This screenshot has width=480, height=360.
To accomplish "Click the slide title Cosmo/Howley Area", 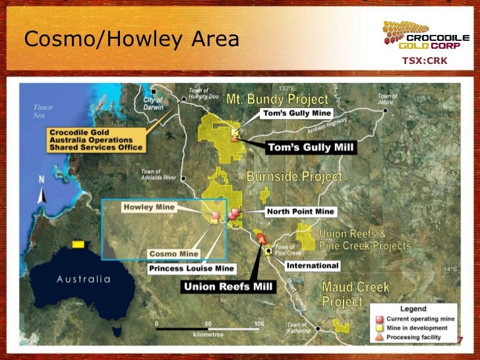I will [131, 40].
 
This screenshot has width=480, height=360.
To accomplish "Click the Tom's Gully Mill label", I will [311, 147].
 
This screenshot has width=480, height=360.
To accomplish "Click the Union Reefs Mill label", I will [227, 287].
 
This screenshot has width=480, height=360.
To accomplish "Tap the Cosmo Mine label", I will [174, 253].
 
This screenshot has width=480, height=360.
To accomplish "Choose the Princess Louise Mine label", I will [192, 268].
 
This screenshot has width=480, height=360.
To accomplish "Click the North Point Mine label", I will [301, 212].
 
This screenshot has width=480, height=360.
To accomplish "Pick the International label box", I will [313, 266].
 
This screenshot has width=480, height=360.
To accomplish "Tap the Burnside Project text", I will [294, 177].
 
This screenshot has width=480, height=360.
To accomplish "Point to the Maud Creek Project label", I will [355, 295].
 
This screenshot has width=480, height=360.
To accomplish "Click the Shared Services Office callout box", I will [96, 140].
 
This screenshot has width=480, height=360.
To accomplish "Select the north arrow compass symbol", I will [41, 191].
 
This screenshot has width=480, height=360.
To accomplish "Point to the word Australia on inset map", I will [84, 279].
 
